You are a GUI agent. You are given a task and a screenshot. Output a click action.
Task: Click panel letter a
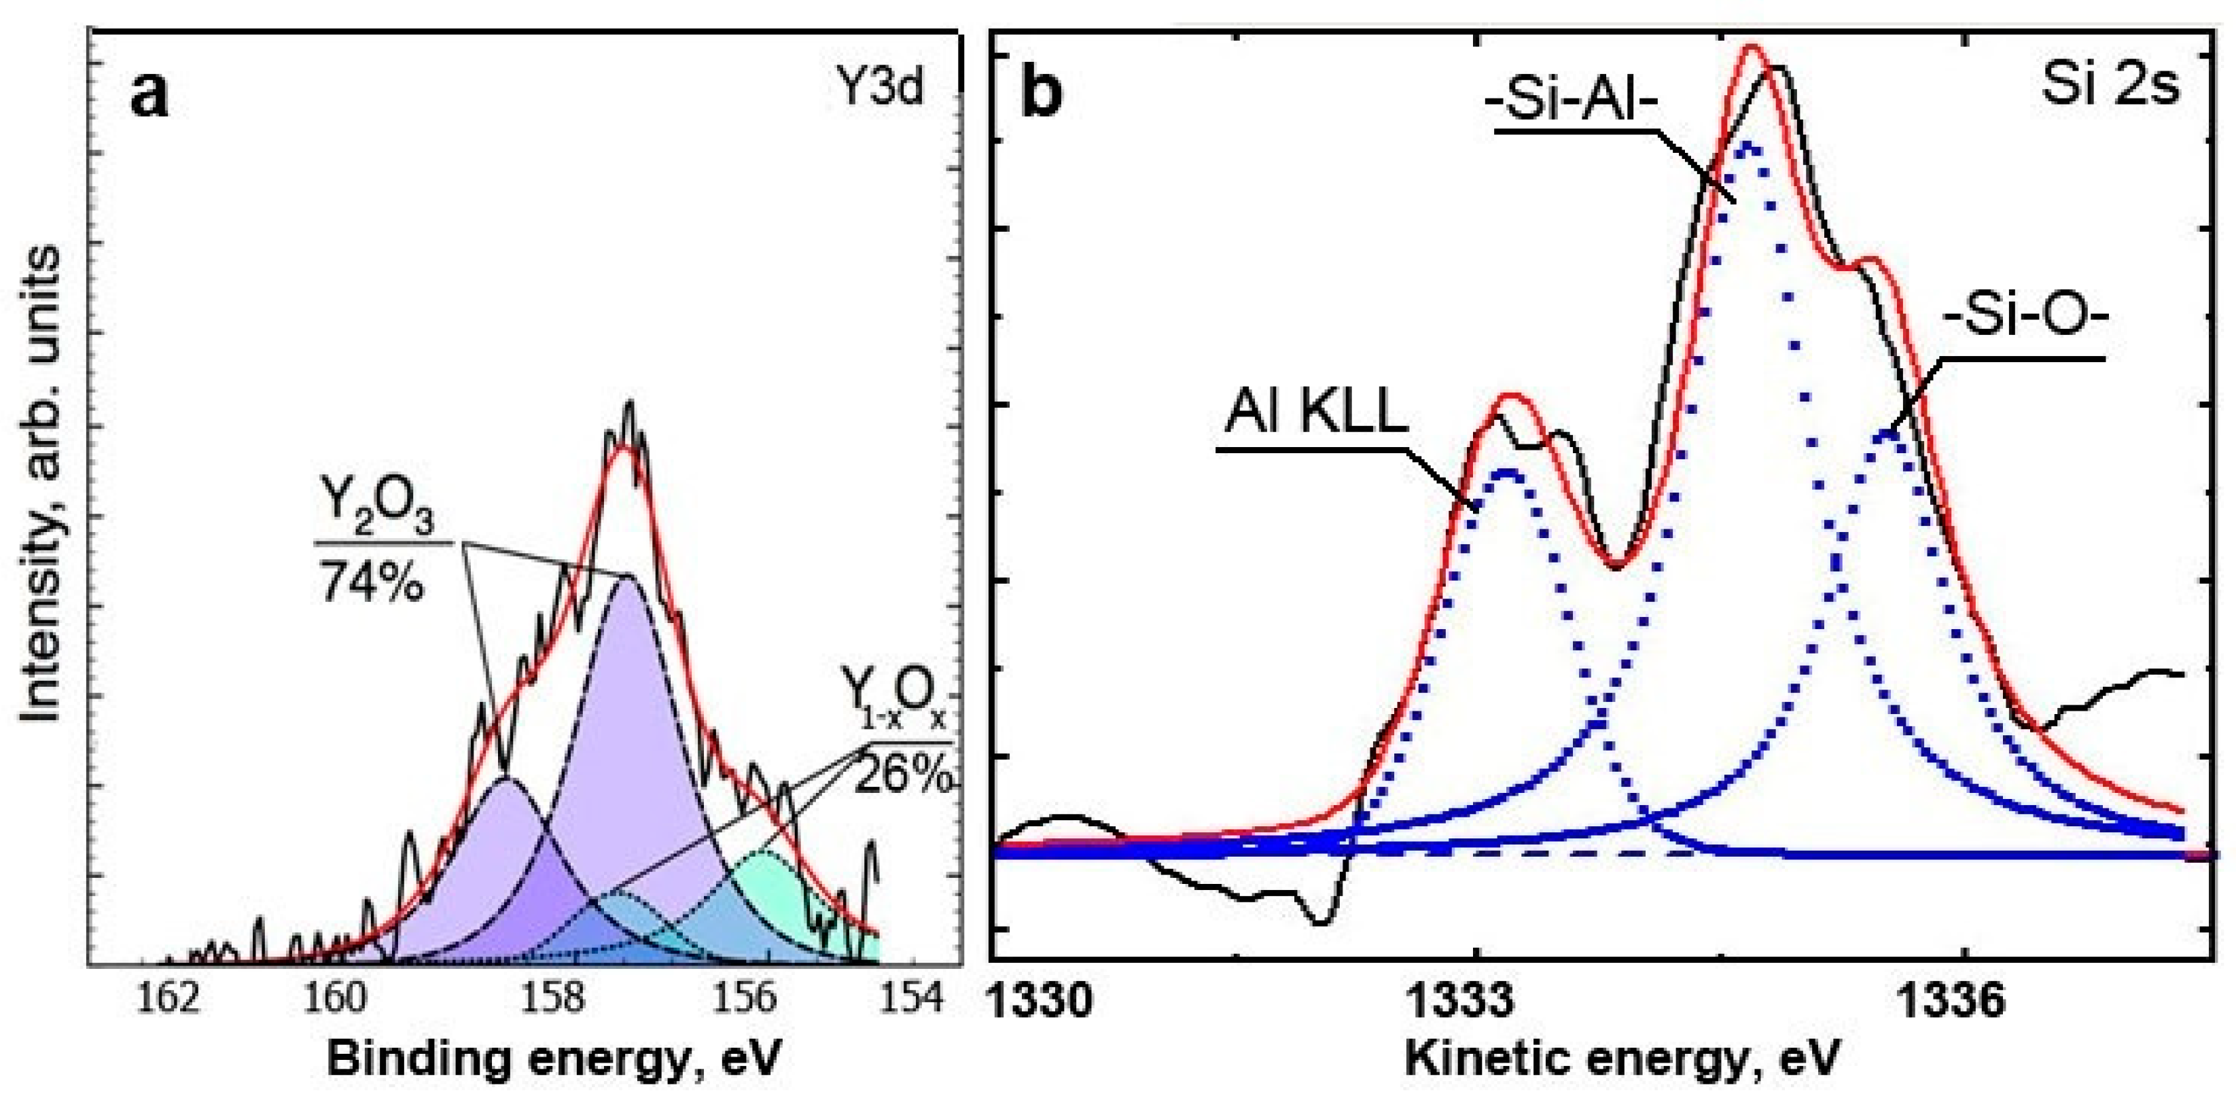point(150,93)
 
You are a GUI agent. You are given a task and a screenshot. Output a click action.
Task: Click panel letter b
point(1042,93)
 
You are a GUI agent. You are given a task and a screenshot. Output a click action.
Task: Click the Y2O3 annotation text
point(375,513)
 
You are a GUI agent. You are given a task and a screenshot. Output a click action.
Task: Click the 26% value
point(904,775)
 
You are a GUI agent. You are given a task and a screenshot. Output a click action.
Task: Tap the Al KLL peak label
point(1316,414)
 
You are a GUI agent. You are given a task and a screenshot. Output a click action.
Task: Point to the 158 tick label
point(553,999)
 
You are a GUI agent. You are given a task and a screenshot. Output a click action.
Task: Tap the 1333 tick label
point(1474,1001)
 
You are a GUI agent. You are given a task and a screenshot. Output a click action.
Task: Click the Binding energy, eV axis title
point(552,1060)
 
